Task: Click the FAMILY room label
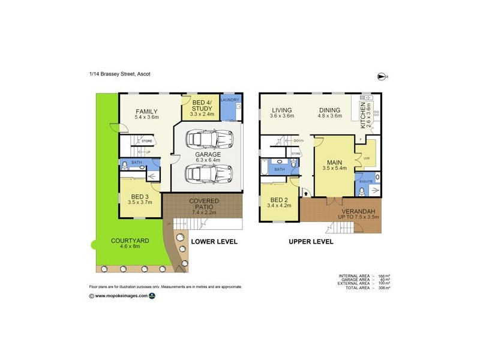pyautogui.click(x=146, y=112)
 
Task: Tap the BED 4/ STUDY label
pyautogui.click(x=201, y=106)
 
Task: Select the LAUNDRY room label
pyautogui.click(x=231, y=100)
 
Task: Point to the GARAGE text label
pyautogui.click(x=208, y=154)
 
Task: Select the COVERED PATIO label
pyautogui.click(x=204, y=204)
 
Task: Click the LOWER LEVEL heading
pyautogui.click(x=214, y=242)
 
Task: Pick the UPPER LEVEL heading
pyautogui.click(x=311, y=242)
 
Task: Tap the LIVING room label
pyautogui.click(x=281, y=110)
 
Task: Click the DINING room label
pyautogui.click(x=330, y=110)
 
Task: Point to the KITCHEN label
pyautogui.click(x=363, y=114)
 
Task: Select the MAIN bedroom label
pyautogui.click(x=334, y=163)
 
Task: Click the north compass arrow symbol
pyautogui.click(x=382, y=76)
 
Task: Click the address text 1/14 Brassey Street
pyautogui.click(x=119, y=74)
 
